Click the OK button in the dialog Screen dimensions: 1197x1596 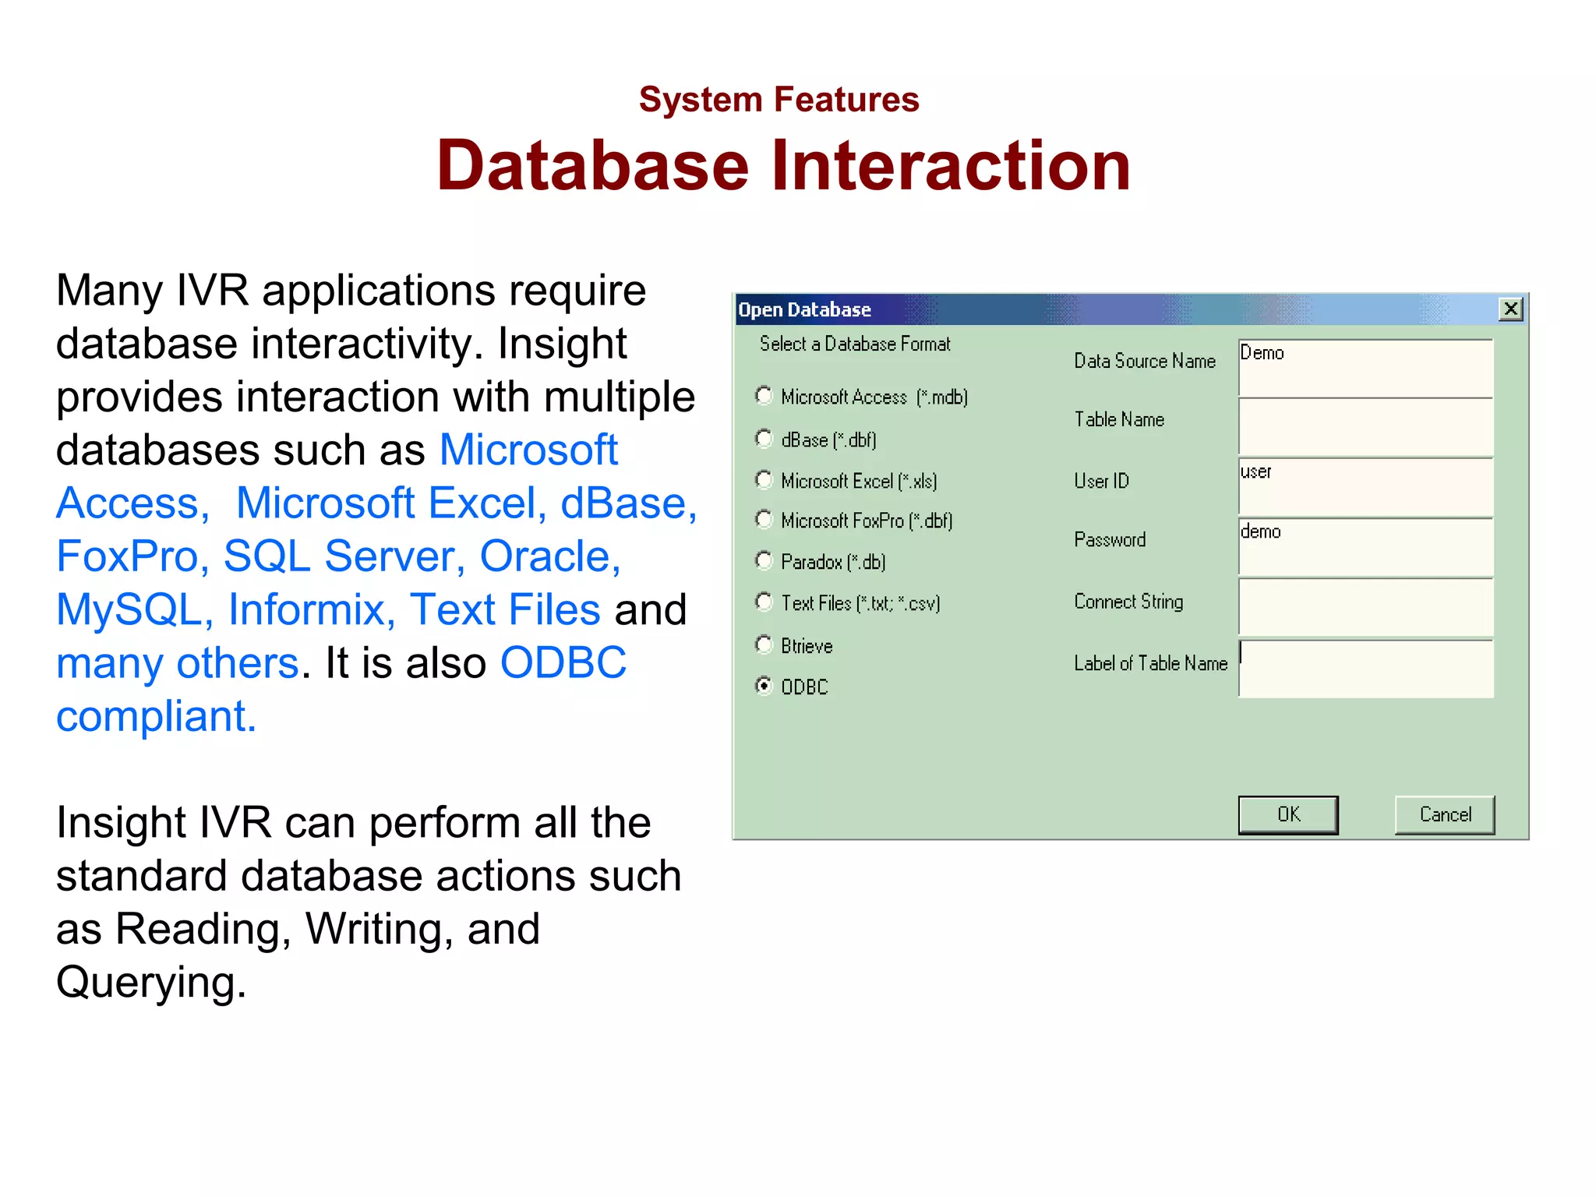click(x=1287, y=814)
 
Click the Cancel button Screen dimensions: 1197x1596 click(x=1445, y=814)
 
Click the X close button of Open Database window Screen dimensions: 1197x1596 click(x=1510, y=309)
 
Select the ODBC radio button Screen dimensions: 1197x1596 click(x=764, y=686)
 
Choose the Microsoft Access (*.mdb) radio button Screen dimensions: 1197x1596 click(x=764, y=396)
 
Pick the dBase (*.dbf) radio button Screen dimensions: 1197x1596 click(x=764, y=439)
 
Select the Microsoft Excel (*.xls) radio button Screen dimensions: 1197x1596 click(x=764, y=480)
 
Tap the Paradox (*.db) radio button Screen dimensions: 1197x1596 click(x=764, y=561)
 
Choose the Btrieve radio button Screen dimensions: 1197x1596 click(x=764, y=644)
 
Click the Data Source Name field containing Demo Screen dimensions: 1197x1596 click(x=1365, y=368)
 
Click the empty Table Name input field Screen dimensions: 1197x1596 click(x=1365, y=427)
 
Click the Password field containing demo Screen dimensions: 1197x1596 click(x=1365, y=547)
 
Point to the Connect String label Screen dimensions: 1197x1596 click(x=1128, y=602)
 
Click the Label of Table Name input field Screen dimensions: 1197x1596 click(x=1365, y=669)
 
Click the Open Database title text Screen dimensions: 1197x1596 click(x=804, y=309)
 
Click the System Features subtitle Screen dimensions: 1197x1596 click(x=779, y=100)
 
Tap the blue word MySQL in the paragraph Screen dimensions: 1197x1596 click(x=129, y=609)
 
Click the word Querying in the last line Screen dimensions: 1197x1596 click(x=150, y=982)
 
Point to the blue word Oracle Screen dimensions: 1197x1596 click(x=549, y=556)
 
